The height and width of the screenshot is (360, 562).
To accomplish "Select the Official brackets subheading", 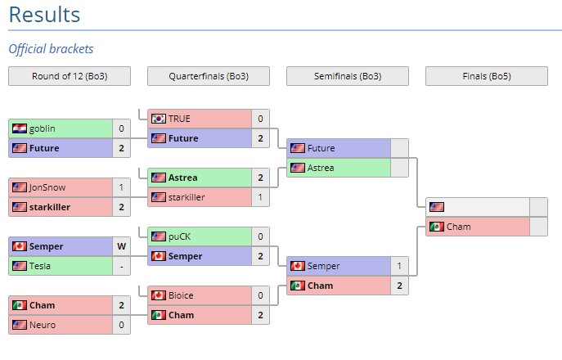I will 51,49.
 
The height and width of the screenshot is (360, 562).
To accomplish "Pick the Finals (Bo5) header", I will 487,76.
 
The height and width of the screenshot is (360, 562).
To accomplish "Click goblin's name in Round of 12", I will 43,128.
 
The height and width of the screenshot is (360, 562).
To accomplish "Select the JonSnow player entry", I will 47,187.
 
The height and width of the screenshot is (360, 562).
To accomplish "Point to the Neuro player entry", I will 43,325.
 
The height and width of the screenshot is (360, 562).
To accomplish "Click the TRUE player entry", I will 179,119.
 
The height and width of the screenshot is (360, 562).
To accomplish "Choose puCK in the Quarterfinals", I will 180,236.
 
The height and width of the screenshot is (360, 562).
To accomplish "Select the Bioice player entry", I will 182,295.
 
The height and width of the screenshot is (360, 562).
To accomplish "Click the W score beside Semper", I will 121,246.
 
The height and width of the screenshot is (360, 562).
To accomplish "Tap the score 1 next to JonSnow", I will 121,187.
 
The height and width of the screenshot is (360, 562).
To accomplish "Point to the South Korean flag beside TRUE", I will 159,119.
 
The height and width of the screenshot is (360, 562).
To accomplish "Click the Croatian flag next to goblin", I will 20,128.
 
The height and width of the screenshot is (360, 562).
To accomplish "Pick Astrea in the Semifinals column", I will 321,168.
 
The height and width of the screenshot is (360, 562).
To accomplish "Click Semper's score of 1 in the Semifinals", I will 399,266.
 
